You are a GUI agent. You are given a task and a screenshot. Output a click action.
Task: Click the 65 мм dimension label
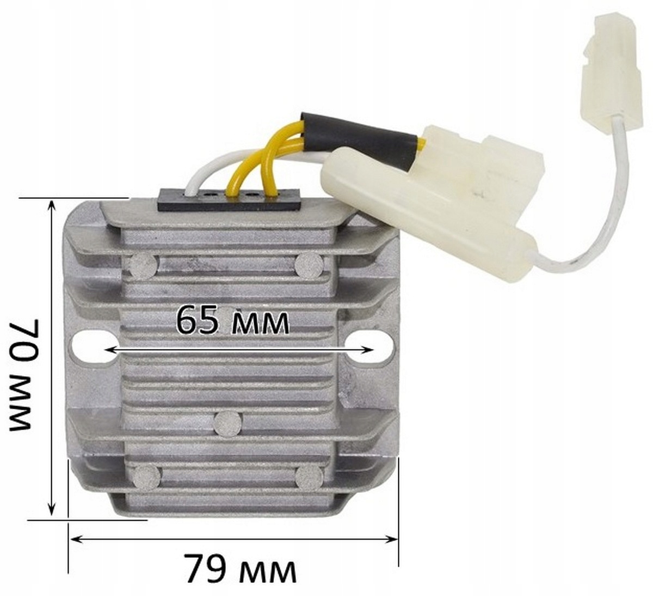point(232,321)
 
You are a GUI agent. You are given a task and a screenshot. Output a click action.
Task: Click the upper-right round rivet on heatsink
point(309,265)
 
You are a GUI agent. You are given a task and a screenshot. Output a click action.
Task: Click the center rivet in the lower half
point(229,423)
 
